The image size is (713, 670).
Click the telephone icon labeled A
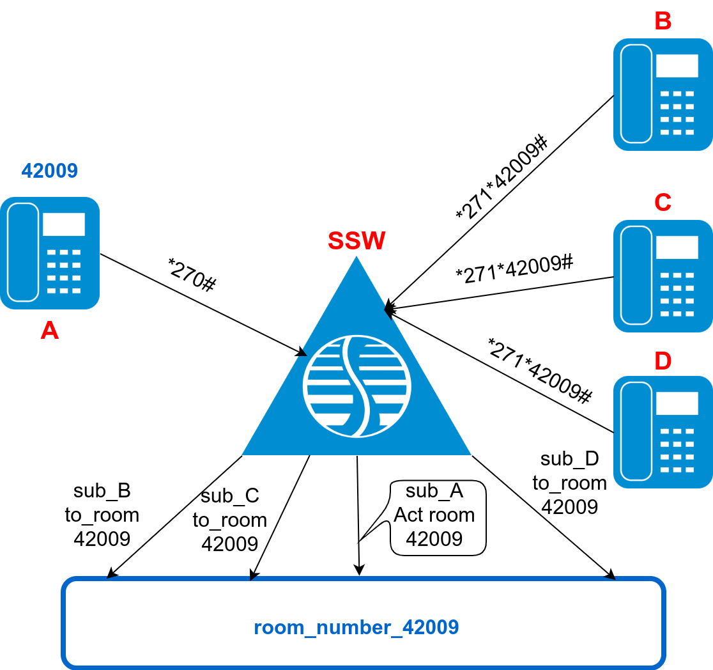pos(50,253)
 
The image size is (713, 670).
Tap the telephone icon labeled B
pos(663,95)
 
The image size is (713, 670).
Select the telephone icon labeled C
pos(663,276)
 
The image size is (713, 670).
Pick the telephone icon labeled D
pos(663,432)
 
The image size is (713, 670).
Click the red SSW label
pos(356,241)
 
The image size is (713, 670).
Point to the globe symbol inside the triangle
pos(356,386)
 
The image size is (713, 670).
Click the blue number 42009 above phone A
pos(50,171)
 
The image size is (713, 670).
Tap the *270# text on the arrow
pos(191,275)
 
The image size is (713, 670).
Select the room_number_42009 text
pos(356,627)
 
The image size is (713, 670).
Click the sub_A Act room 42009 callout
pos(438,515)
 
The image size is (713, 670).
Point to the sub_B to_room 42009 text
pos(102,515)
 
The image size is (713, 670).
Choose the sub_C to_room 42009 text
pos(230,520)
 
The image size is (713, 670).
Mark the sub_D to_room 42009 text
pos(569,483)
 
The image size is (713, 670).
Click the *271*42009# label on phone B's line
pos(502,178)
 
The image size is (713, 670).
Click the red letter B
pos(663,21)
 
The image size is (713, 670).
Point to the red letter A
pos(50,331)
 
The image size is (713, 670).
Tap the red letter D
pos(663,361)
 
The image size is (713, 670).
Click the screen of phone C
pos(677,247)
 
